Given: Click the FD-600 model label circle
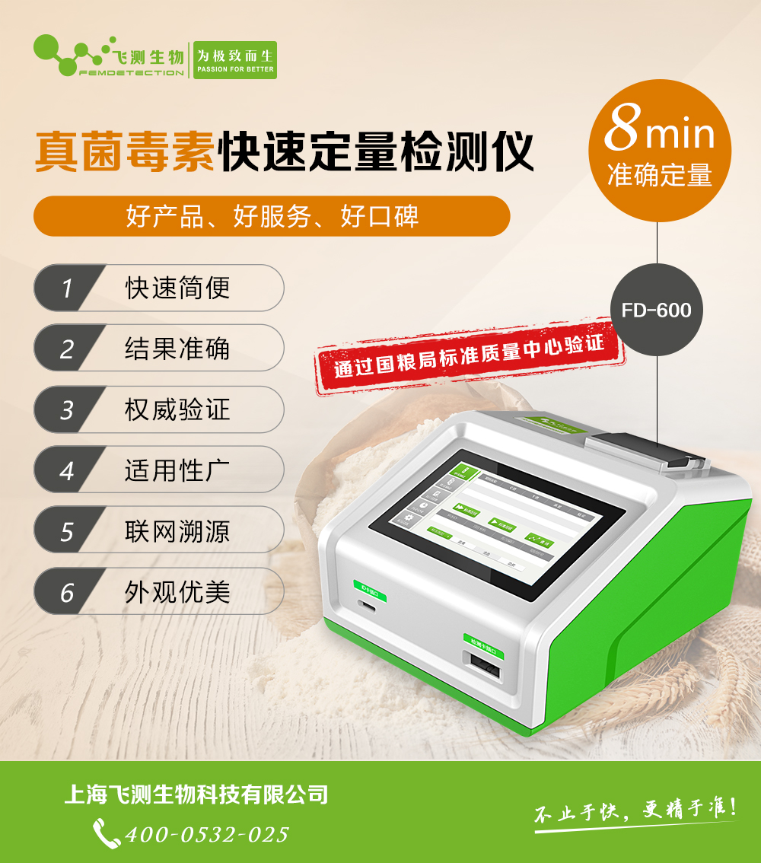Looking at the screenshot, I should tap(656, 310).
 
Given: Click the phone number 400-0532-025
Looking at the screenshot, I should tap(207, 834).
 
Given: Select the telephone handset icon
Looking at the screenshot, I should tap(106, 833).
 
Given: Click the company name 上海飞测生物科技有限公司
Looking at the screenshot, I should tap(196, 795).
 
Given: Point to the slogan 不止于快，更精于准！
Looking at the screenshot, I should tap(635, 811).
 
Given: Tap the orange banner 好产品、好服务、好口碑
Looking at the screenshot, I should tap(272, 217).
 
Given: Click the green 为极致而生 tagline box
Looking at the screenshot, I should tap(234, 60).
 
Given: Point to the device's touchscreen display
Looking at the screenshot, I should tap(494, 513).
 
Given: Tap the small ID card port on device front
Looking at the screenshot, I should tap(368, 607).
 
